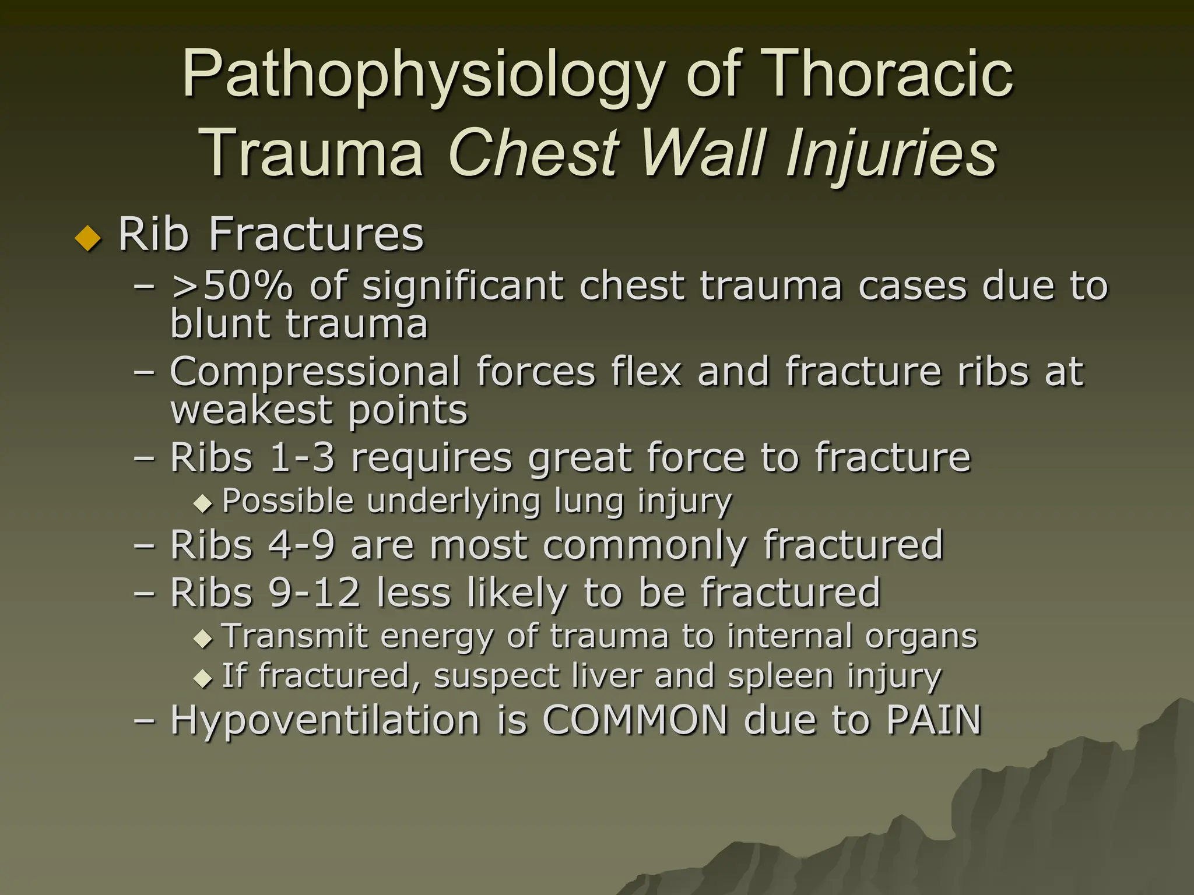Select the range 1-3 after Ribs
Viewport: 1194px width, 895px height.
click(x=301, y=457)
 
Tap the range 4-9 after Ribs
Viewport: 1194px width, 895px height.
click(x=301, y=545)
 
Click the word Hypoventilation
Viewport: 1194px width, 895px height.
click(x=325, y=720)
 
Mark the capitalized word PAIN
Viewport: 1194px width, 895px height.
click(x=934, y=720)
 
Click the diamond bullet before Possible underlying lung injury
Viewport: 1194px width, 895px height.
click(x=203, y=503)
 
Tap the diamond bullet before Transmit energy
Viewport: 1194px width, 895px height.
click(x=203, y=638)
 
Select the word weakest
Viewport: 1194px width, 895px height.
click(x=251, y=410)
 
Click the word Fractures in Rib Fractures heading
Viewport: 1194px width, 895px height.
click(x=315, y=234)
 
